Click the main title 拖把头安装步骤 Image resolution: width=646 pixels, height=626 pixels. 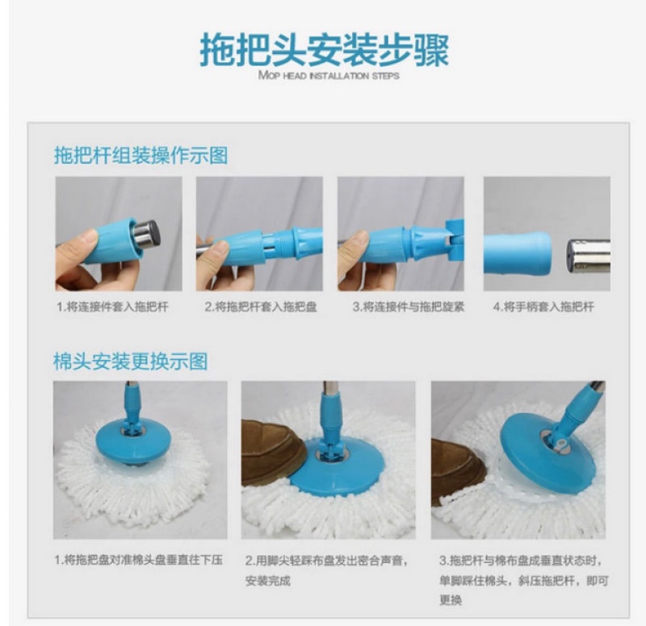coord(325,50)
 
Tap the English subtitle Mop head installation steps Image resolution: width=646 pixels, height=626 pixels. coord(329,75)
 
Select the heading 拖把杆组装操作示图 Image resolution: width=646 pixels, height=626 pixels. coord(141,155)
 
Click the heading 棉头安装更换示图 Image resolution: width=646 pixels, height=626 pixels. coord(131,361)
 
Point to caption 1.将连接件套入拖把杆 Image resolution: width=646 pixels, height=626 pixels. coord(112,307)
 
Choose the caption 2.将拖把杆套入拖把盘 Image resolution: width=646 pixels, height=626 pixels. coord(261,307)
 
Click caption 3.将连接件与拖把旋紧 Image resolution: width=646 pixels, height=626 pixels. coord(409,307)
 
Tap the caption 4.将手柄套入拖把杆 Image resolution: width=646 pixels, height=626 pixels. coord(543,307)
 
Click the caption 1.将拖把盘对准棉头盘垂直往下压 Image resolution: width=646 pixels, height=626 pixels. coord(139,560)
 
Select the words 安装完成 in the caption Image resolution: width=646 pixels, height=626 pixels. coord(268,581)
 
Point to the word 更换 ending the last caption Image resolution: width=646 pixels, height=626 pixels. coord(451,600)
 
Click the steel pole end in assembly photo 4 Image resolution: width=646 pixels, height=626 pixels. coord(589,257)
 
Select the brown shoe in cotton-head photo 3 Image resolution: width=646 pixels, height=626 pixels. coord(459,472)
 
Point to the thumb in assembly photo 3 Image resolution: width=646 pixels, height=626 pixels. coord(354,241)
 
